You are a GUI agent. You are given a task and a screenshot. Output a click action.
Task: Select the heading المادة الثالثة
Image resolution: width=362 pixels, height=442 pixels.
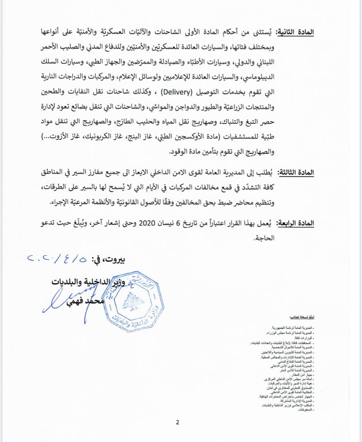coord(294,172)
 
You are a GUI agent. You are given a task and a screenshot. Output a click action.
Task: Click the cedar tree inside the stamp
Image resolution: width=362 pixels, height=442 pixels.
coord(135,300)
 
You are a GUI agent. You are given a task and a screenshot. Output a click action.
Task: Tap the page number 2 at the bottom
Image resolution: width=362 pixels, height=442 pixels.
coord(177,422)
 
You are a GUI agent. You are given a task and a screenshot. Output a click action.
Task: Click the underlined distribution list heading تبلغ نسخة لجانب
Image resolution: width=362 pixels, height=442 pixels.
coord(301,317)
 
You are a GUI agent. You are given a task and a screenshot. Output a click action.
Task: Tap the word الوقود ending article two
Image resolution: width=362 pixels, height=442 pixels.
coord(181,152)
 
